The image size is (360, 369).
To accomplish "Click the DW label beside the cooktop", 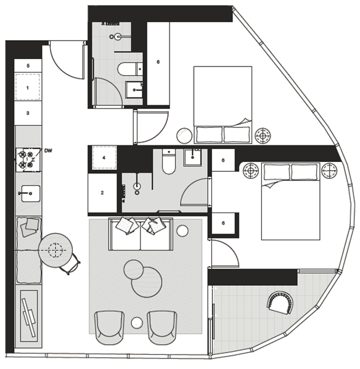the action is tap(48, 150).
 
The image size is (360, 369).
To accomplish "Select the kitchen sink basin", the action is tap(31, 193).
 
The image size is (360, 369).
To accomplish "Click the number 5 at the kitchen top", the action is tap(28, 66).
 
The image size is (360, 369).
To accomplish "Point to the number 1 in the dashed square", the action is tap(28, 88).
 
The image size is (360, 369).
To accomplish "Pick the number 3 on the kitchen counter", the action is tap(28, 113).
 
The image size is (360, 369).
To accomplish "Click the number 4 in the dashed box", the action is tap(104, 158).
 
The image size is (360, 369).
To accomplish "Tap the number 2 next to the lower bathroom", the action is tap(102, 193).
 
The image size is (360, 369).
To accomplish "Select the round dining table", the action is tap(55, 250).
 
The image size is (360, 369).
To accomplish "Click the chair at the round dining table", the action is tap(71, 264).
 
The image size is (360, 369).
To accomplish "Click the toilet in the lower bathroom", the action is tap(169, 162).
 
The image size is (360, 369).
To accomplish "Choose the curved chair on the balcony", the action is tap(280, 303).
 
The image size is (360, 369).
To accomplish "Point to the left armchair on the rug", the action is tap(109, 328).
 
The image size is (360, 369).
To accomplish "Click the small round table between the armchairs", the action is tap(137, 322).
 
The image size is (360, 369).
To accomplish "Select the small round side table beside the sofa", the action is tap(182, 231).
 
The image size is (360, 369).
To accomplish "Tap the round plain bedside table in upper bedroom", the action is tap(184, 136).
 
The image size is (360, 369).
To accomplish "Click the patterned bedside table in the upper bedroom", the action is tap(263, 136).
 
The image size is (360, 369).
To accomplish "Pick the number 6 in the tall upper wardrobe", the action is tap(158, 62).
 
